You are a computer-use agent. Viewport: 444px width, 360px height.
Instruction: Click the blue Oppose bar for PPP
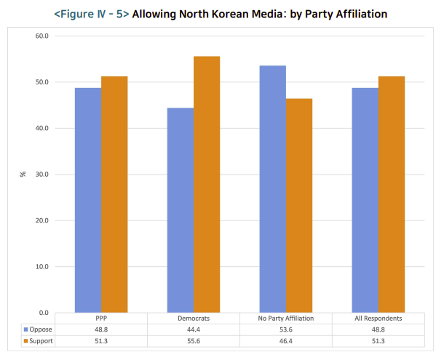point(87,200)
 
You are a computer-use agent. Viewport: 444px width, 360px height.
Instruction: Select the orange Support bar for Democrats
point(207,185)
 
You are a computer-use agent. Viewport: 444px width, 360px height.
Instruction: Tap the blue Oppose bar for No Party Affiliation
point(272,189)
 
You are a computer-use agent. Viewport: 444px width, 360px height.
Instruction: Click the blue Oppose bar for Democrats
point(180,210)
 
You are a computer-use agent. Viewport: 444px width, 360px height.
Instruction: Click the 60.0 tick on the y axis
point(41,36)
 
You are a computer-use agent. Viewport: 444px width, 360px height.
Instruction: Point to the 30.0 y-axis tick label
point(41,175)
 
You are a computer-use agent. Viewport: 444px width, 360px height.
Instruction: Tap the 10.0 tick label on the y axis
point(41,267)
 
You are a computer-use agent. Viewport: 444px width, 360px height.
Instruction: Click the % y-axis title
point(23,175)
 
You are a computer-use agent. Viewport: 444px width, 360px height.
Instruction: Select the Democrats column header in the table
point(193,319)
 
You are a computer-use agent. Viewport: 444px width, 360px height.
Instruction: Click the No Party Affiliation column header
point(285,319)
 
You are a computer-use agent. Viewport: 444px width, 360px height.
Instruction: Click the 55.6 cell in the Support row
point(193,340)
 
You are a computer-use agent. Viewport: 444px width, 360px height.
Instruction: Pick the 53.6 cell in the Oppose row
point(285,329)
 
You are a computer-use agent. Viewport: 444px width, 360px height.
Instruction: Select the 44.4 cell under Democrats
point(193,329)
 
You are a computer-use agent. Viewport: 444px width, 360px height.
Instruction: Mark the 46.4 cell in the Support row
point(285,340)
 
